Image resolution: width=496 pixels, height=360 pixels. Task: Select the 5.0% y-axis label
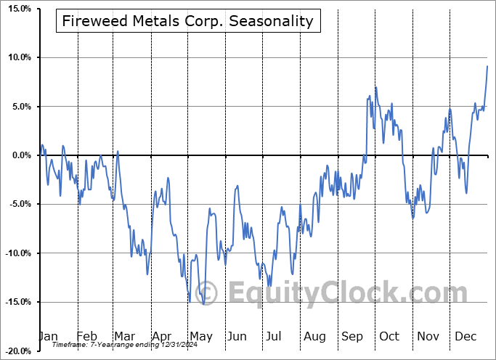point(19,107)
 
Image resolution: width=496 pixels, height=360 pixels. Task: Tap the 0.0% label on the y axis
point(19,155)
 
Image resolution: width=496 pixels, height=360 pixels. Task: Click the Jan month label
point(48,336)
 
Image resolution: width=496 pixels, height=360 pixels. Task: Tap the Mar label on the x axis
point(125,336)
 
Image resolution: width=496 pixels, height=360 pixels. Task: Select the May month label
point(200,336)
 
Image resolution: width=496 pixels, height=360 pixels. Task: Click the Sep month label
point(353,336)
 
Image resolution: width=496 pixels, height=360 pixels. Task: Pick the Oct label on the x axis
point(390,336)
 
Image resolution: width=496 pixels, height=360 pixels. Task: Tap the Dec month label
point(466,336)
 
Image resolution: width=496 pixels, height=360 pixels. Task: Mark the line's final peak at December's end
point(487,66)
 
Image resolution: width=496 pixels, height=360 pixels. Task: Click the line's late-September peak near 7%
point(375,88)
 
